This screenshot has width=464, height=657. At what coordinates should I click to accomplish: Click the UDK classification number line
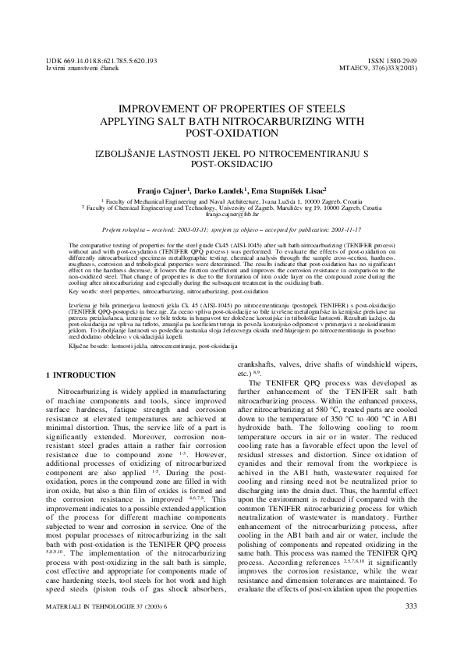[x=102, y=60]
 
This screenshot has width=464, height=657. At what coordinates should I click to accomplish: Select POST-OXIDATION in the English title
[x=232, y=134]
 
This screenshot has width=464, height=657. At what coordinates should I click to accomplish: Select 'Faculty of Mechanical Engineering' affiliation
[x=156, y=201]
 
